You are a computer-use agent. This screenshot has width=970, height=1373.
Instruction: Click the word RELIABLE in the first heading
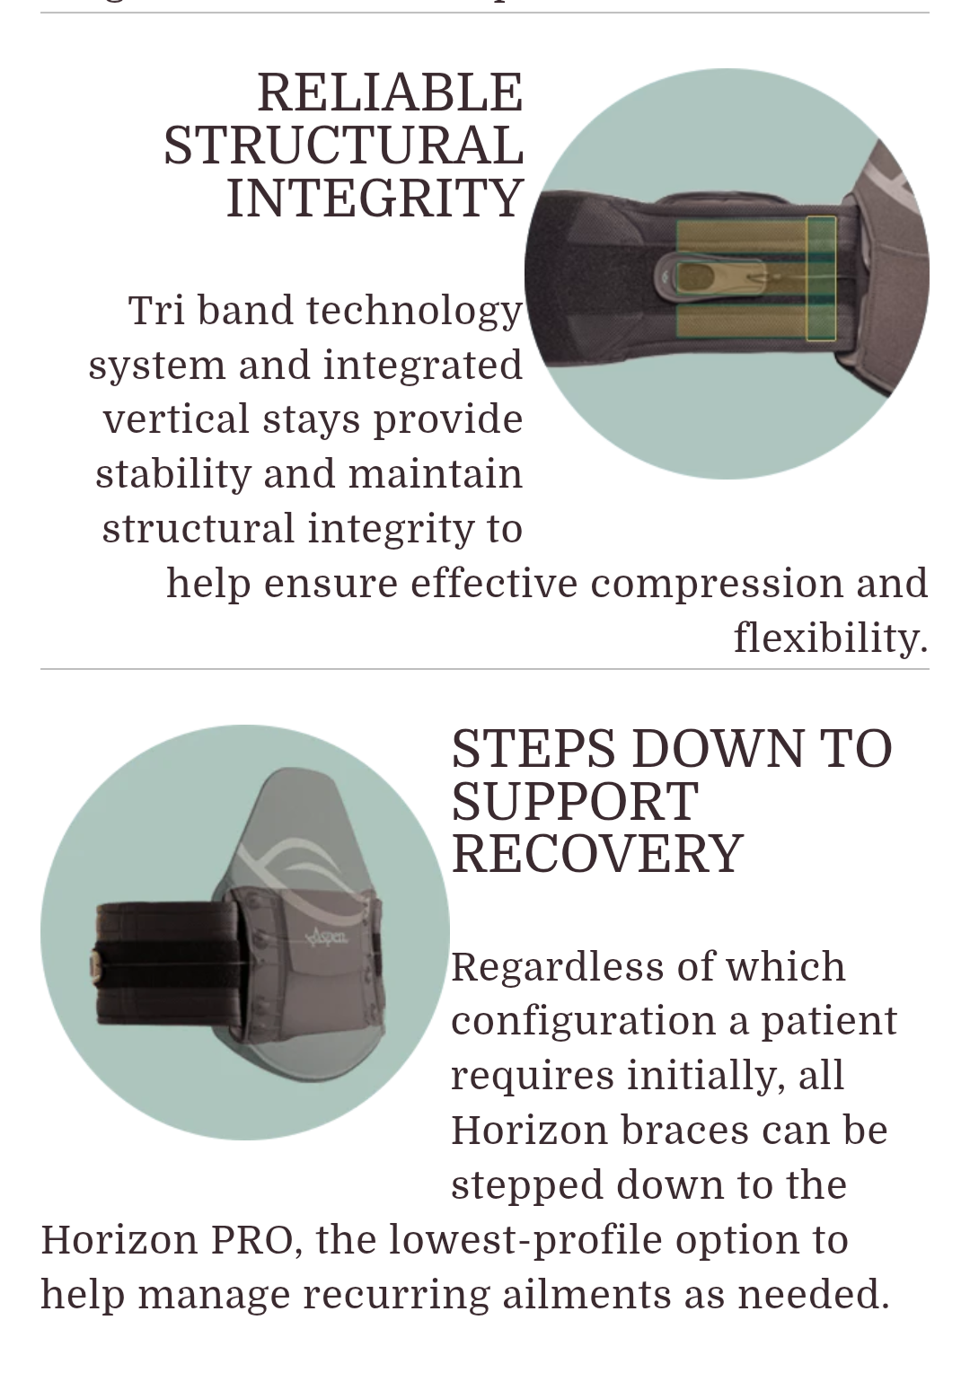(390, 92)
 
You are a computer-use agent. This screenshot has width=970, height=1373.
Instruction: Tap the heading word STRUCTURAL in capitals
(343, 145)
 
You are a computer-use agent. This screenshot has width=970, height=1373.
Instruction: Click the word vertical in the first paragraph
(176, 419)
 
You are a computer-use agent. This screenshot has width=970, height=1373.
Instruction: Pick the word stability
(172, 474)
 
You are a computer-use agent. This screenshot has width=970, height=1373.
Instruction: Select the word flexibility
(830, 638)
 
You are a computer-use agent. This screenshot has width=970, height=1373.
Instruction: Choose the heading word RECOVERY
(597, 854)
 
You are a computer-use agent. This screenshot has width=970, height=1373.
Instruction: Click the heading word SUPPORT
(575, 802)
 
